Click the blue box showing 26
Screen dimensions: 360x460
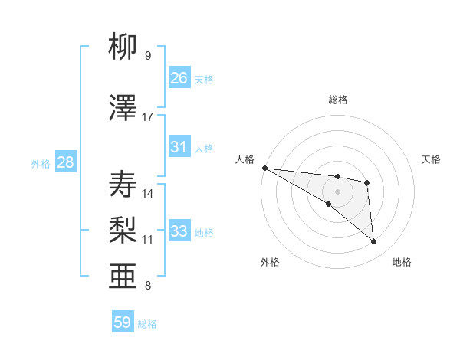[179, 78]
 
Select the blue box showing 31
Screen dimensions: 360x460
[179, 147]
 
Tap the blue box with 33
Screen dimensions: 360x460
[179, 231]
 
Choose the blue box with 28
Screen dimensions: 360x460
[65, 162]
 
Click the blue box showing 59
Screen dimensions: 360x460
[123, 322]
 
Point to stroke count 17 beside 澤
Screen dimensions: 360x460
[148, 117]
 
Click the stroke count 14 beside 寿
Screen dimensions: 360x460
[148, 193]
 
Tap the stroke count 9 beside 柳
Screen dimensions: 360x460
[147, 56]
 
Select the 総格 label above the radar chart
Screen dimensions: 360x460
[338, 100]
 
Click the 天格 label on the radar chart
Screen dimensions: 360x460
[432, 159]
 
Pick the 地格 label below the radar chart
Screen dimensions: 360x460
[402, 262]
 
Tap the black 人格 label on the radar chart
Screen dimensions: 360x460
[245, 159]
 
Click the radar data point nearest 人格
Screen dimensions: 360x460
[264, 168]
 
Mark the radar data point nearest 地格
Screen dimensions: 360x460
[374, 242]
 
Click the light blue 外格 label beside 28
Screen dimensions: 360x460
[40, 164]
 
